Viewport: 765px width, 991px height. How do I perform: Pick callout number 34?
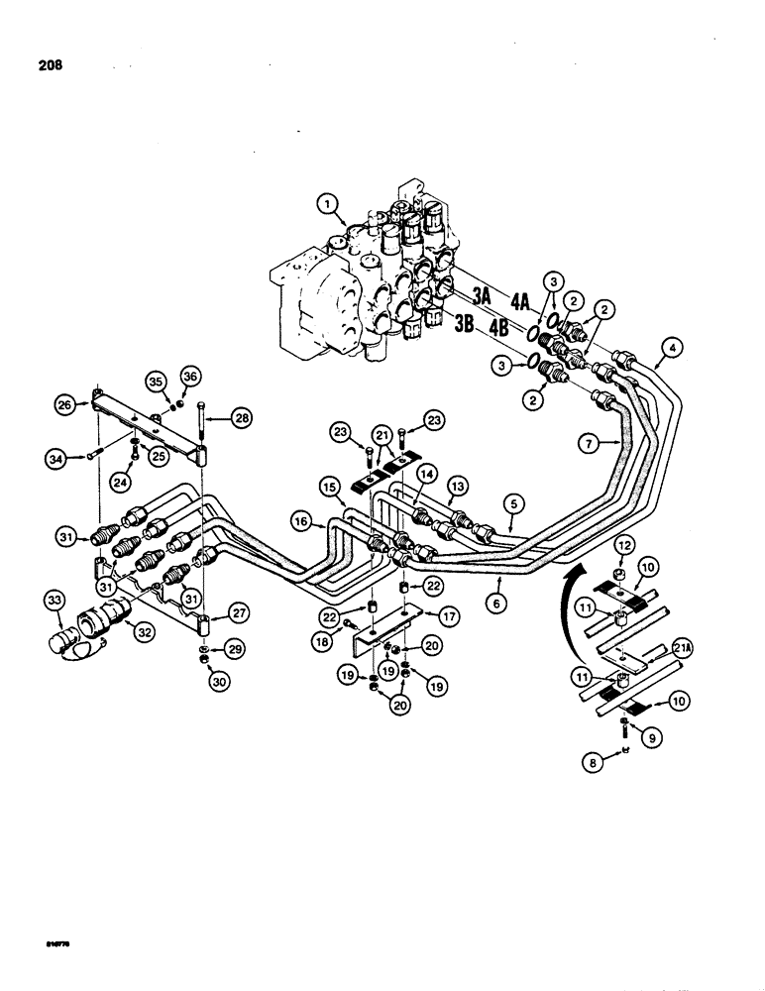(x=59, y=457)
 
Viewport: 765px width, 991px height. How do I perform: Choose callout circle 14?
(x=425, y=475)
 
